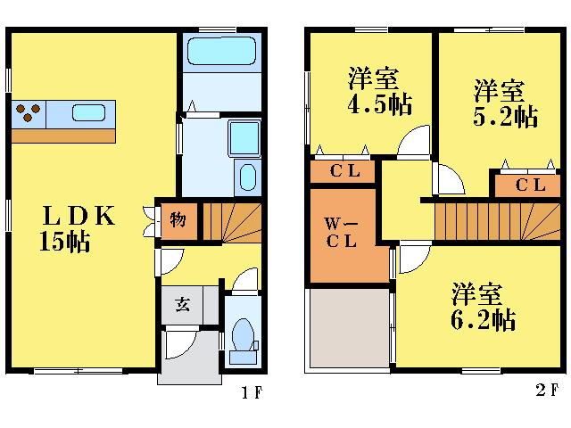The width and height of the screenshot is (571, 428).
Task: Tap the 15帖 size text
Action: (x=64, y=242)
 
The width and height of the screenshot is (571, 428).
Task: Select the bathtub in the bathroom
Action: (x=220, y=52)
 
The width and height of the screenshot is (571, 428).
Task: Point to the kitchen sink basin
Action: (x=88, y=113)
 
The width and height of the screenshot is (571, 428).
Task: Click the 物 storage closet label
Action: (x=178, y=218)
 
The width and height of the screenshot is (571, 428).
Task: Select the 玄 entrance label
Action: (x=181, y=305)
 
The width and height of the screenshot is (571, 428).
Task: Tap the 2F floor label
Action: (x=547, y=391)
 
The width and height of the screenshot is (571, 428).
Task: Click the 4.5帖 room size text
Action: (x=379, y=104)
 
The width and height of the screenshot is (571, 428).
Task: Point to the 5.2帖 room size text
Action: (x=505, y=116)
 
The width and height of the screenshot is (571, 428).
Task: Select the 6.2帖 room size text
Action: (x=483, y=319)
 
